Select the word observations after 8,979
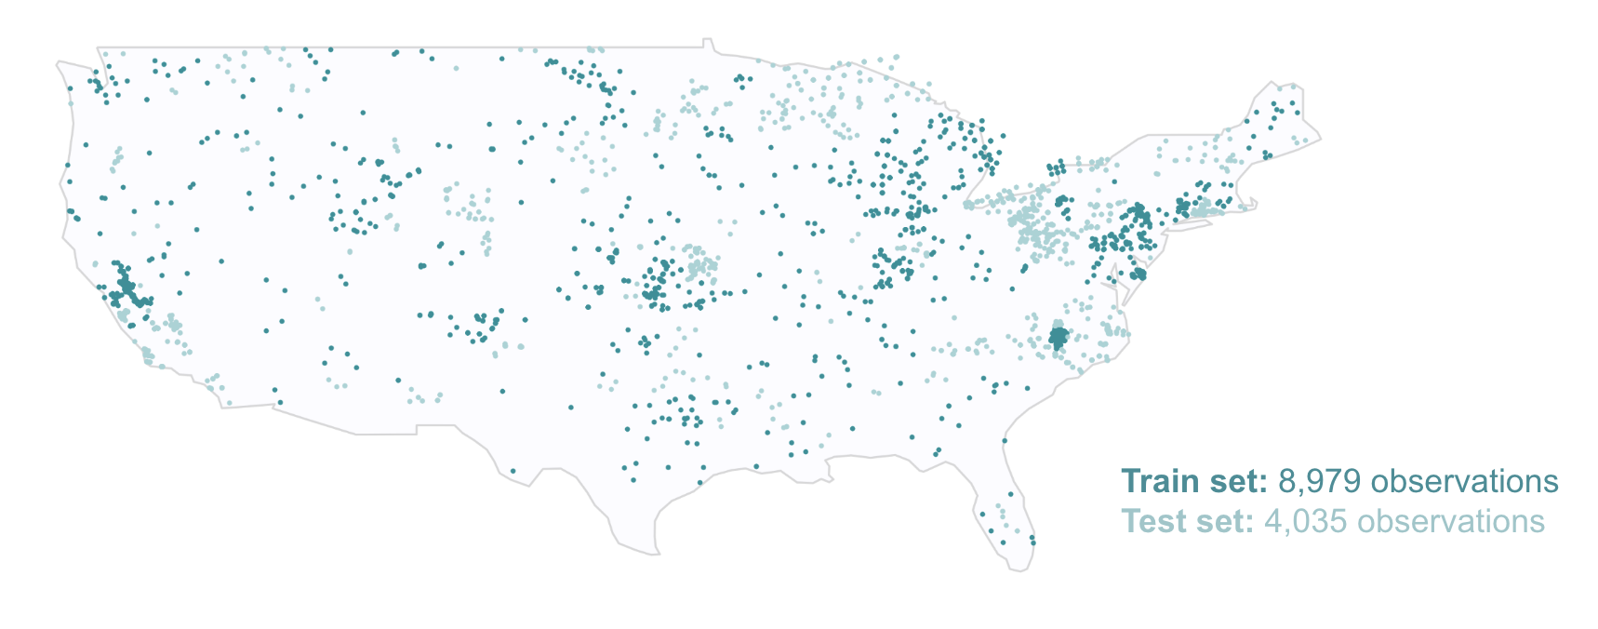click(x=1465, y=482)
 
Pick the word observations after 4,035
click(x=1451, y=522)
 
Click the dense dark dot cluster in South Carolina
click(x=1058, y=337)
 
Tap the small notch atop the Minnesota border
click(x=708, y=42)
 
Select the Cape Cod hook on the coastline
click(x=1251, y=202)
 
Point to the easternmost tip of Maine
click(x=1320, y=140)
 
